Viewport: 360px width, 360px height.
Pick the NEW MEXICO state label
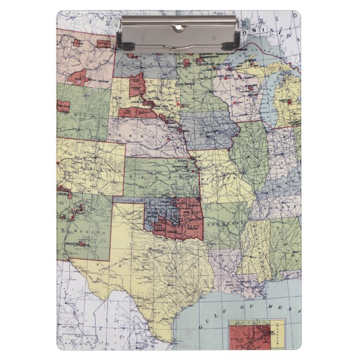[x=82, y=230]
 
